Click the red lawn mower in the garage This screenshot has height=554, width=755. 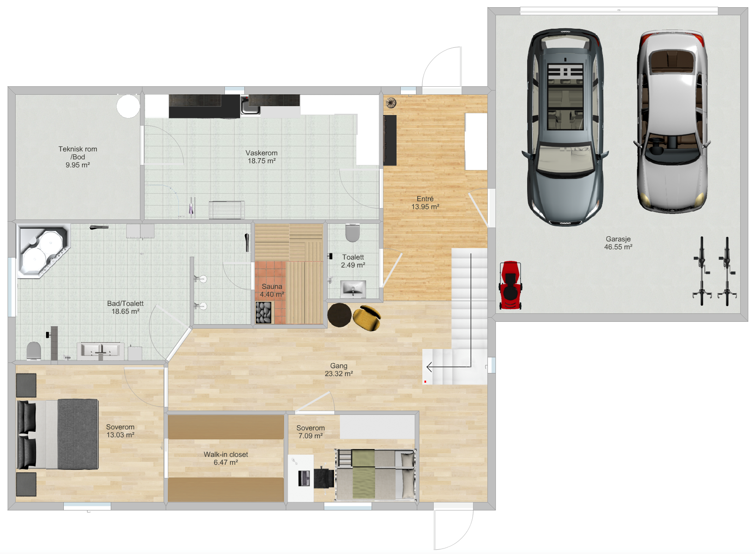point(510,285)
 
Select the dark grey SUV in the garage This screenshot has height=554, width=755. point(565,126)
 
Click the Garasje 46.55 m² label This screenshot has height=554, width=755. point(618,243)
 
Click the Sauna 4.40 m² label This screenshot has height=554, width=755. point(272,291)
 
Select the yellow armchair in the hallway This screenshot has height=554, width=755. point(367,318)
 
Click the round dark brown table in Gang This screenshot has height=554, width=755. point(339,315)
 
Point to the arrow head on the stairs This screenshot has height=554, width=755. point(429,367)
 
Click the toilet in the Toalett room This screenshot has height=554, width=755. point(353,233)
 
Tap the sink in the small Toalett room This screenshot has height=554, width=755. point(353,289)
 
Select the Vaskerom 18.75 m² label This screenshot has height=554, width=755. point(262,157)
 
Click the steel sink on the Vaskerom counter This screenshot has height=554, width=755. point(250,105)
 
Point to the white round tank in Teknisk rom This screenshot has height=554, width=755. point(128,106)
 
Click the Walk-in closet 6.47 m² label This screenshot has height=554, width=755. point(226,458)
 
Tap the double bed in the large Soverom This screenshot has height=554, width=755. point(57,434)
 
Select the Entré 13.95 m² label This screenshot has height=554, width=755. point(425,203)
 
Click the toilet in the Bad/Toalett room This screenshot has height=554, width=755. point(34,351)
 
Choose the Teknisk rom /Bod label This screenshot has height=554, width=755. point(78,157)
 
